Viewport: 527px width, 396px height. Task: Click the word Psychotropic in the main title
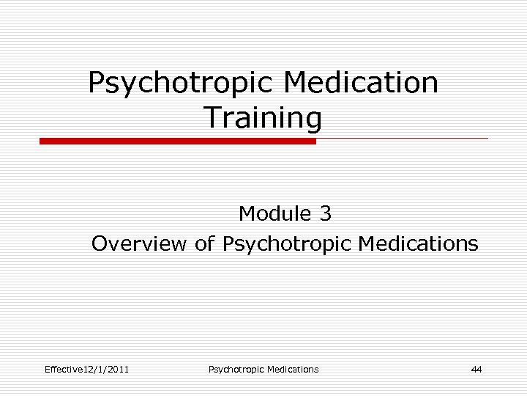coord(179,83)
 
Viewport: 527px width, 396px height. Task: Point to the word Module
coord(275,213)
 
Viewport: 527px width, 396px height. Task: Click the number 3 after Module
coord(326,213)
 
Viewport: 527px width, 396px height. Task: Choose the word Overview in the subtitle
coord(139,243)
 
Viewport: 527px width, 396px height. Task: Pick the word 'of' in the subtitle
coord(204,243)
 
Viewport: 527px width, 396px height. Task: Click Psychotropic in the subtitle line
coord(287,243)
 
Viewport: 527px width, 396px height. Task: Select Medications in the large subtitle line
coord(419,243)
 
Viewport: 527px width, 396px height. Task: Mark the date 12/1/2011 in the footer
coord(108,369)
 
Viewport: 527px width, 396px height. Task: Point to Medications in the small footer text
coord(293,369)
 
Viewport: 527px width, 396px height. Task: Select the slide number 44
coord(476,369)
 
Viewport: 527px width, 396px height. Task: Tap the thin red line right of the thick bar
coord(402,138)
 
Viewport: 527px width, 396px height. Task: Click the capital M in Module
coord(247,213)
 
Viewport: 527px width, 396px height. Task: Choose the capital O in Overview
coord(100,243)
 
